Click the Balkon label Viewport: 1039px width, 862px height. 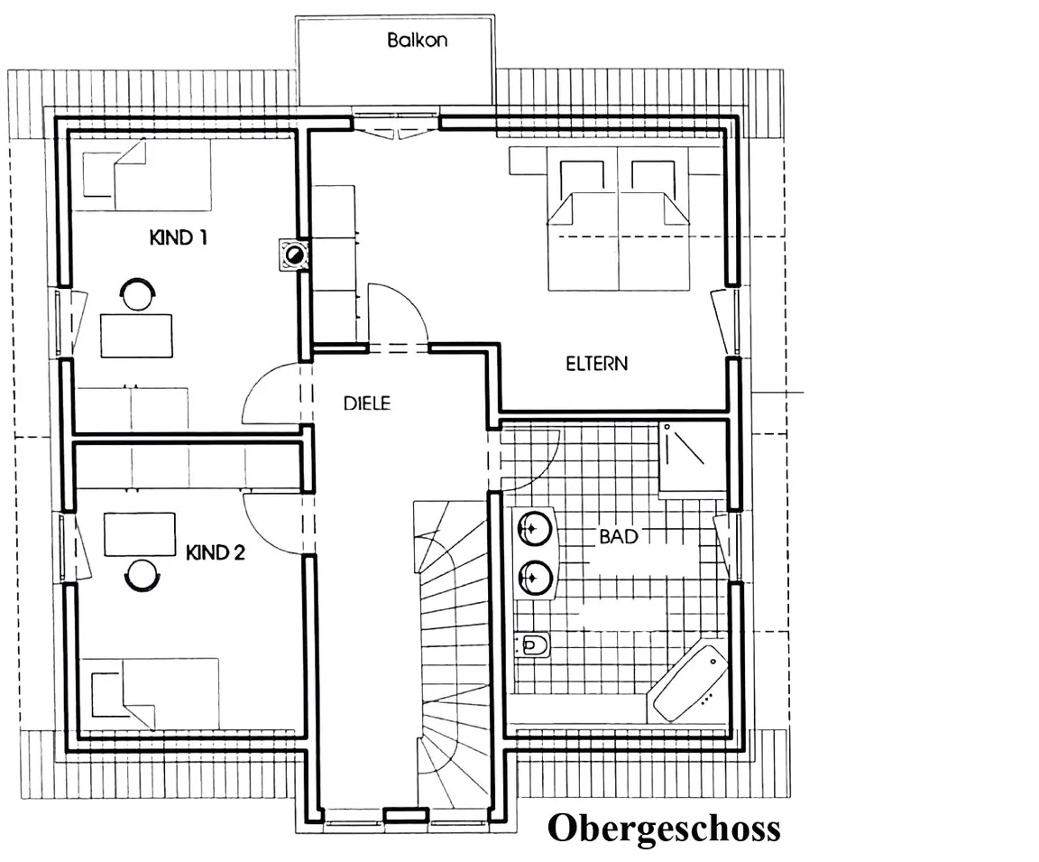tap(417, 40)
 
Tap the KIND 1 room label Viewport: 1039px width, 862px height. tap(179, 237)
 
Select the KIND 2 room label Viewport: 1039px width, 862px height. tap(216, 552)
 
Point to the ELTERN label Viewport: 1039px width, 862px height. tap(596, 364)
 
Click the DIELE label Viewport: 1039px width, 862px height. tap(367, 403)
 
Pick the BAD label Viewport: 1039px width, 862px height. tap(618, 536)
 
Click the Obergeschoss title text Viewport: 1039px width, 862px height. tap(664, 829)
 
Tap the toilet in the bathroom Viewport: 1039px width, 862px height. tap(533, 644)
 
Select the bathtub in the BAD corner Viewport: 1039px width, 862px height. tap(690, 683)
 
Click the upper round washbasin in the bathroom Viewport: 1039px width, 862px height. tap(534, 528)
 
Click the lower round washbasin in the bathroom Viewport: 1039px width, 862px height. tap(534, 577)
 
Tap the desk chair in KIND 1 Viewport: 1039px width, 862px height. tap(138, 293)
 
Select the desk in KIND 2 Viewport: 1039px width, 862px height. tap(140, 534)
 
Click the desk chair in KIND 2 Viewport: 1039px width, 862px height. tap(142, 575)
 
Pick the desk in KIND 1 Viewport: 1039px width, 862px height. tap(136, 336)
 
